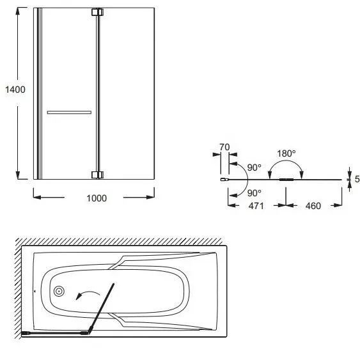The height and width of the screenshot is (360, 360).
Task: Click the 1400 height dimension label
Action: [15, 90]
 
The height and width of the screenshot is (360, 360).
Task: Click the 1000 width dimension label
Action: [97, 198]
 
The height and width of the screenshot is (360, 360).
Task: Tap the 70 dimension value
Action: [224, 147]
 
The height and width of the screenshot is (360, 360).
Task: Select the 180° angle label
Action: [286, 153]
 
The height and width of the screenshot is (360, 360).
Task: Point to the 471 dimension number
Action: [256, 206]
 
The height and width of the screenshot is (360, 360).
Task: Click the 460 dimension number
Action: [313, 206]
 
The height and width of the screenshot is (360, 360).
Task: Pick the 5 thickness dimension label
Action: [357, 179]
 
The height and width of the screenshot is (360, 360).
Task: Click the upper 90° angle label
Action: [254, 168]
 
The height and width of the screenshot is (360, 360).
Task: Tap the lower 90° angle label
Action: [254, 193]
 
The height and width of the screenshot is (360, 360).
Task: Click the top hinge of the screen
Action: [98, 12]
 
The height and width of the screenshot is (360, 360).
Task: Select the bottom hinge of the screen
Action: [98, 175]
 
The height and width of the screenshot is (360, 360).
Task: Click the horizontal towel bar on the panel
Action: [69, 113]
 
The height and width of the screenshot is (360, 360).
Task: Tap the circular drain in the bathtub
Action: [59, 292]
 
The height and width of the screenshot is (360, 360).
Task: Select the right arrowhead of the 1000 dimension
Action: [151, 197]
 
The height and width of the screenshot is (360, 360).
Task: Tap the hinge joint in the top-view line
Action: [286, 180]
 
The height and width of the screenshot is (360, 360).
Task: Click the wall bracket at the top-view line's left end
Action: [224, 180]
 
